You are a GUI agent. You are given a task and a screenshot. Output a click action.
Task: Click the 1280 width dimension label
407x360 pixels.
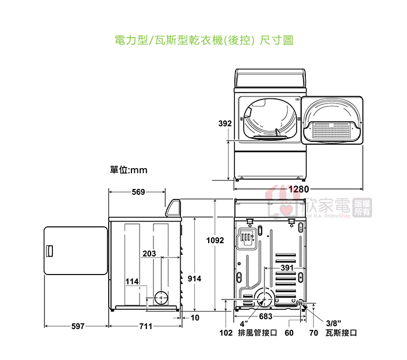(x=298, y=189)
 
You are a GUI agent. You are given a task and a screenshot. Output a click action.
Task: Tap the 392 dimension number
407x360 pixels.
(x=225, y=123)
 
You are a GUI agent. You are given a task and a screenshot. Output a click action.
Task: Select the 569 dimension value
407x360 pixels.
(x=138, y=192)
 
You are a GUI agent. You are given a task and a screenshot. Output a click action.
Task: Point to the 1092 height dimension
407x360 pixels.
(x=215, y=240)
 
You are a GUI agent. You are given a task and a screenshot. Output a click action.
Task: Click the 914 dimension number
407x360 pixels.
(x=194, y=279)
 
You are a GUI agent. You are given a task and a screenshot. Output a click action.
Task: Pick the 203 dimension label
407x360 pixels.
(x=149, y=254)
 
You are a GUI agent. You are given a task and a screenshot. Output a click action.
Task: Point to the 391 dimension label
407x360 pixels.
(x=287, y=268)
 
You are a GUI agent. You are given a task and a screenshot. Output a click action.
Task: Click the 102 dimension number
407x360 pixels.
(x=226, y=333)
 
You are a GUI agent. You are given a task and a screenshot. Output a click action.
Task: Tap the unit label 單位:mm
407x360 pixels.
(x=128, y=170)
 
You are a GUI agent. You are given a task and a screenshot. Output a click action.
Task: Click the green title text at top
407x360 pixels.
(x=203, y=41)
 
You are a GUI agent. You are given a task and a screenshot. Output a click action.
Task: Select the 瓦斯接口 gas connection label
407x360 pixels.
(x=341, y=333)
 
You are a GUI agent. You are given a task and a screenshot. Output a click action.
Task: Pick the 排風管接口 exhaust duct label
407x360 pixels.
(x=256, y=333)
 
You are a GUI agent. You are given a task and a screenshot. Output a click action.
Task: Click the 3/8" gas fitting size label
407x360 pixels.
(x=334, y=323)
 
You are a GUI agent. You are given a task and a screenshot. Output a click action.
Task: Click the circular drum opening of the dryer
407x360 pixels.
(x=269, y=119)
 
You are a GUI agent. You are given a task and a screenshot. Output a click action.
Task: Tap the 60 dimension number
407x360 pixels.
(x=289, y=333)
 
